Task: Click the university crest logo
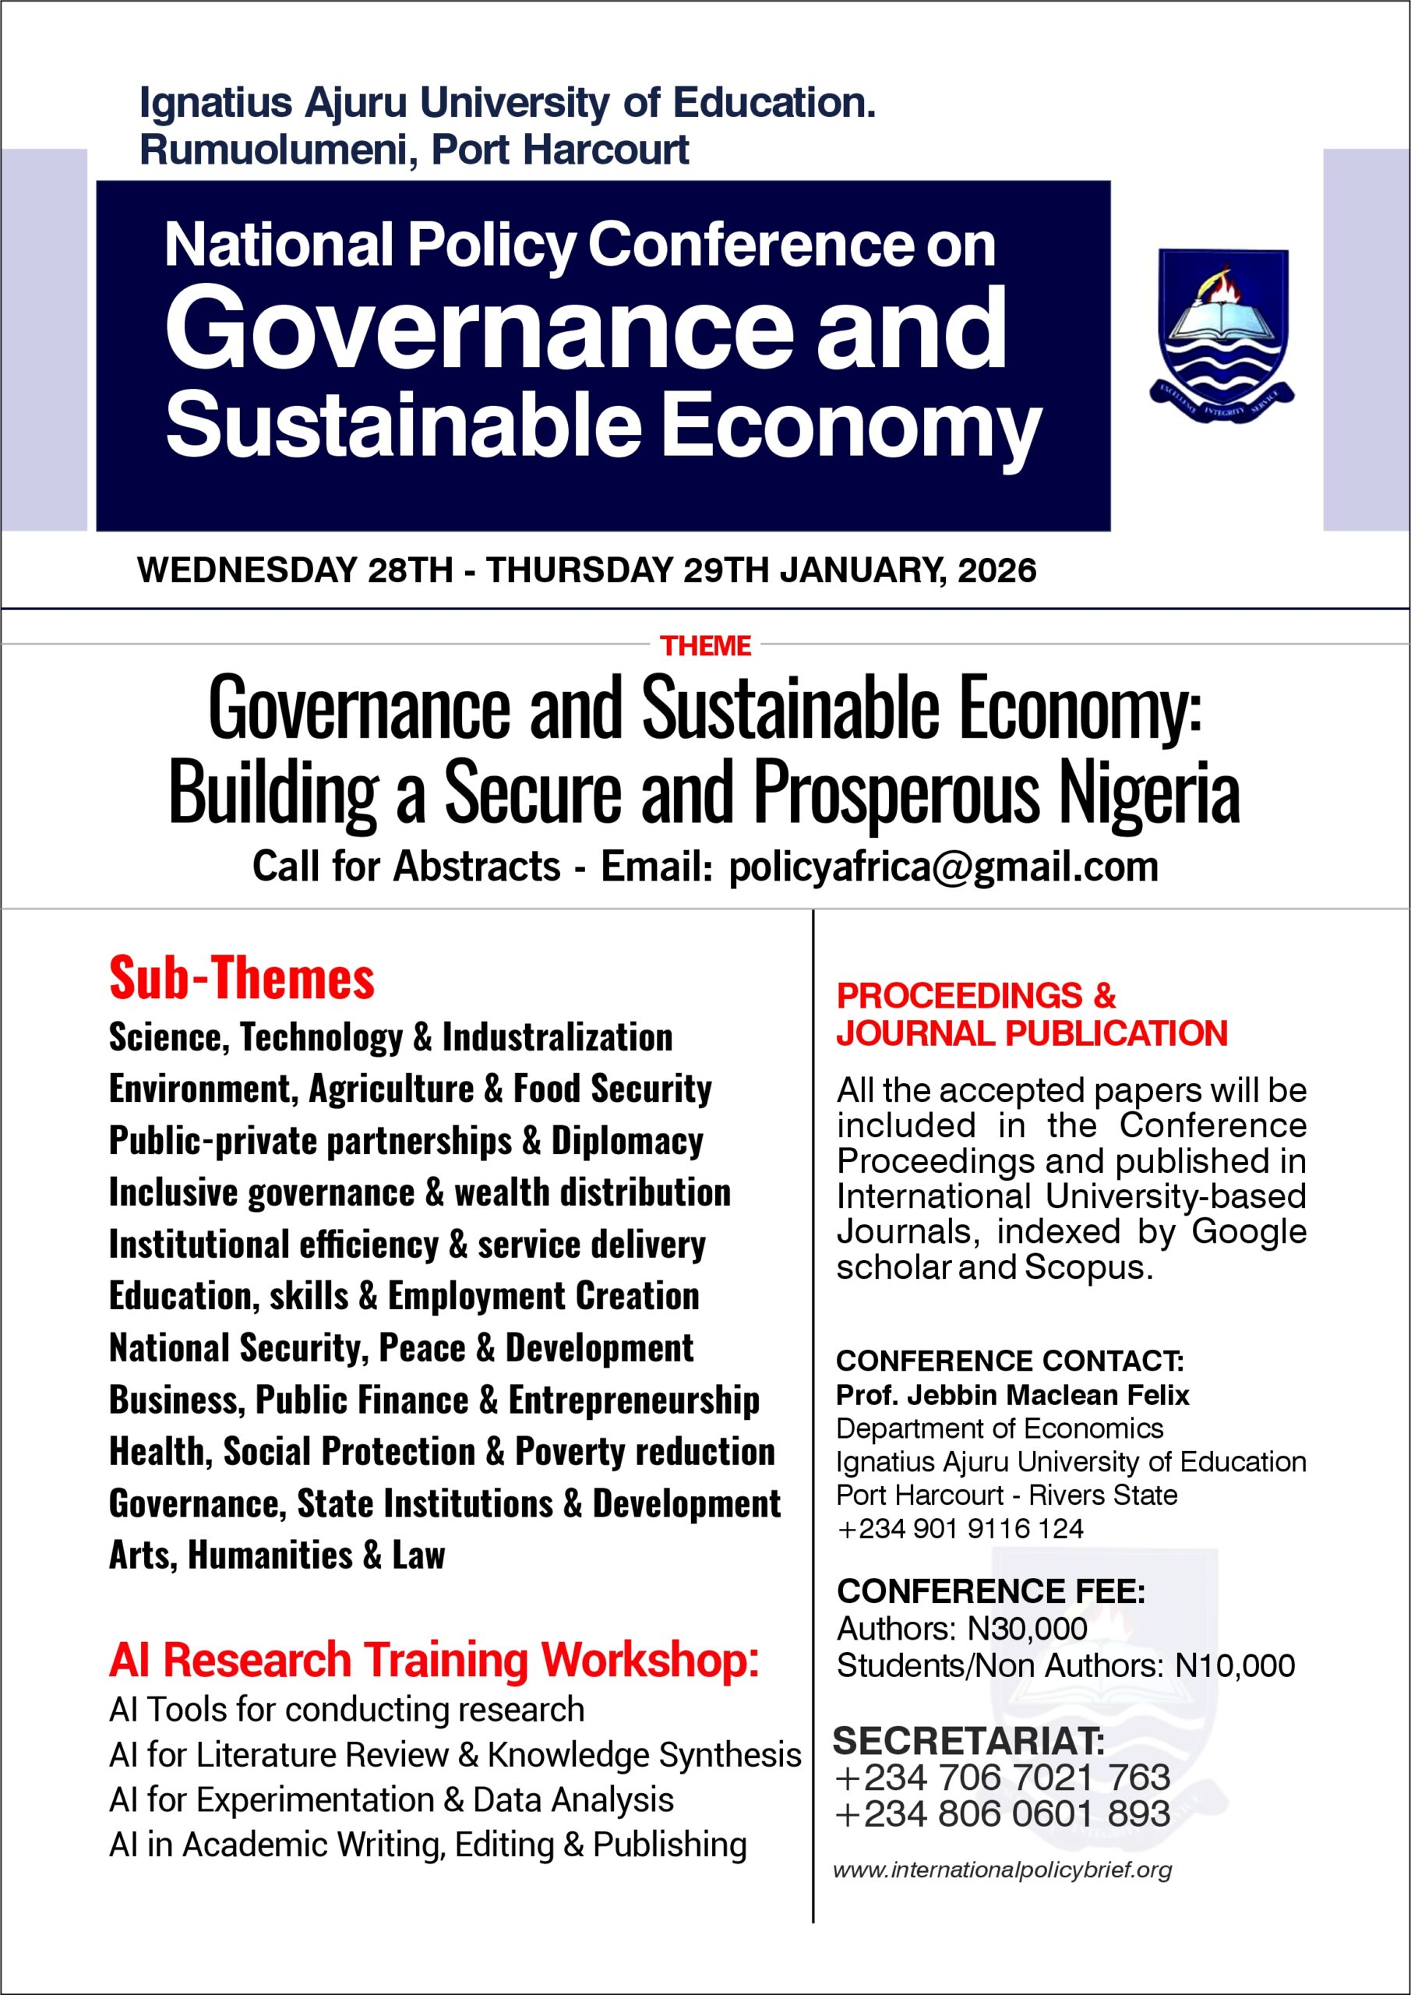(1223, 334)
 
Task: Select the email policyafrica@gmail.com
(944, 867)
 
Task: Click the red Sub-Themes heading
(242, 977)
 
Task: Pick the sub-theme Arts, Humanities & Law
(277, 1555)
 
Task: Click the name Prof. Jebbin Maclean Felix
(1012, 1395)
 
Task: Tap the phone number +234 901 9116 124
(960, 1528)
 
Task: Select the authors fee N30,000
(1027, 1628)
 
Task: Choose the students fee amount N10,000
(1235, 1665)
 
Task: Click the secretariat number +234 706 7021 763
(1002, 1778)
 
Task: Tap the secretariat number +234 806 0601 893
(1002, 1814)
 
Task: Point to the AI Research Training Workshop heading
(433, 1660)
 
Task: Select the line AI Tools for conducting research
(347, 1709)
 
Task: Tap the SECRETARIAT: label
(968, 1741)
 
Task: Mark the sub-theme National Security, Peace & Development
(400, 1347)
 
